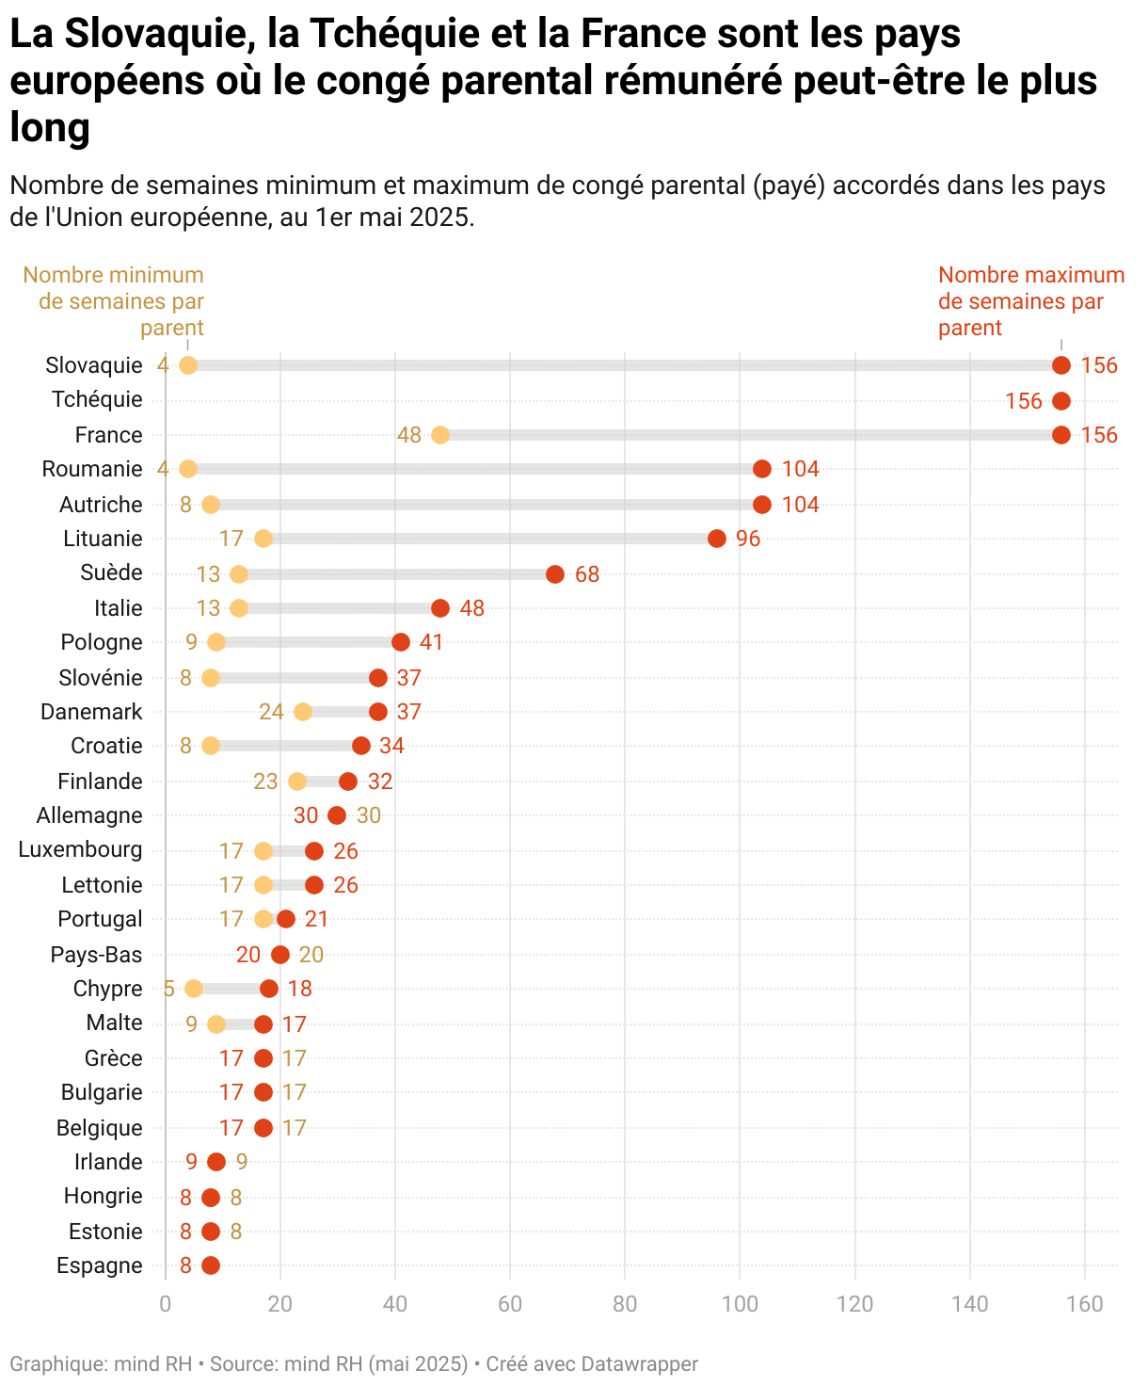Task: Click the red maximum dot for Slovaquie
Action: click(x=1061, y=365)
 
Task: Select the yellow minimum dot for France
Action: click(x=440, y=435)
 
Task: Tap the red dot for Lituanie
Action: click(x=717, y=539)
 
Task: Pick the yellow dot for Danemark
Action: click(x=303, y=712)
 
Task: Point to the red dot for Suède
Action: click(x=555, y=574)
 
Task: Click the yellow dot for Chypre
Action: click(x=194, y=989)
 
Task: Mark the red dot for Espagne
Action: click(x=211, y=1265)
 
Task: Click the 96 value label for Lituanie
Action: click(x=748, y=539)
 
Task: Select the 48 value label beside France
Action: click(x=409, y=435)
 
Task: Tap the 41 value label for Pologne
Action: click(x=431, y=642)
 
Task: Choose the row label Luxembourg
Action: click(x=81, y=850)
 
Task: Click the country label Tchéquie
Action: click(x=98, y=399)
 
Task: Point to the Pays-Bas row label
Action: click(x=97, y=955)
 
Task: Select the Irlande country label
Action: click(x=109, y=1162)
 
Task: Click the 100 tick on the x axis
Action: click(x=741, y=1304)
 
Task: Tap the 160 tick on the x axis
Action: click(x=1085, y=1304)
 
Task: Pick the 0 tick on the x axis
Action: click(x=166, y=1304)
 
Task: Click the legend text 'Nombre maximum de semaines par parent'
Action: click(x=1030, y=301)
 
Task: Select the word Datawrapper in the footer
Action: click(x=639, y=1363)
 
